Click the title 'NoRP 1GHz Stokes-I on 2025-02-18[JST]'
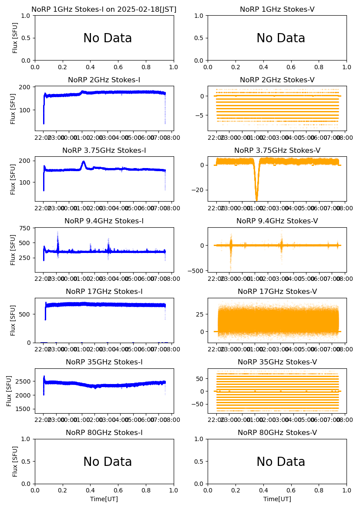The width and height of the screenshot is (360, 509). (x=104, y=9)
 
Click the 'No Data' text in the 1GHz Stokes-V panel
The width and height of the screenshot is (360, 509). (x=281, y=38)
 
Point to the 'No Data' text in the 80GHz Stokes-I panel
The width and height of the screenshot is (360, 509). (x=108, y=462)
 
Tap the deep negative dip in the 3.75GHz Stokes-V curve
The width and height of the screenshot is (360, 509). (x=256, y=199)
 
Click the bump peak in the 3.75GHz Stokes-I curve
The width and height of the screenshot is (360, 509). (x=84, y=162)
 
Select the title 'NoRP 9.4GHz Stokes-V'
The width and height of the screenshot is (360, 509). (x=277, y=221)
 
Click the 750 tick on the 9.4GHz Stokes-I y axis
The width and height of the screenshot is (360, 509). (x=26, y=228)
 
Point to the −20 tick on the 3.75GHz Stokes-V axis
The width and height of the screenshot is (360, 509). (x=199, y=190)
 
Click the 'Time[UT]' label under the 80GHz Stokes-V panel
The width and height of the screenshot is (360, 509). (x=277, y=499)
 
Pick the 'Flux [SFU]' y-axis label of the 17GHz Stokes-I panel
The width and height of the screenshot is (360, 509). (x=13, y=320)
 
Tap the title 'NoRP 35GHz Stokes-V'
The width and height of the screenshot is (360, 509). (x=277, y=362)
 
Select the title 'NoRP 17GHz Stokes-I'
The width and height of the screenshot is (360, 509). (x=104, y=292)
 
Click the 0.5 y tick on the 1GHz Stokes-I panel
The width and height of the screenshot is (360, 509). (x=27, y=38)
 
